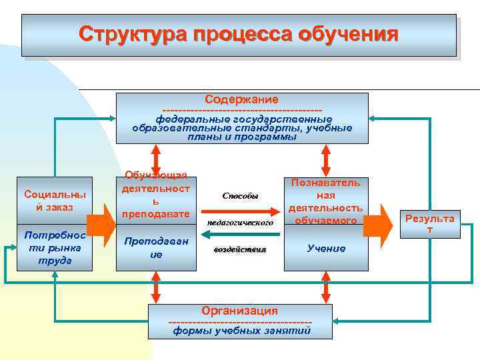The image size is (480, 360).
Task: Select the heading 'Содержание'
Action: pyautogui.click(x=241, y=99)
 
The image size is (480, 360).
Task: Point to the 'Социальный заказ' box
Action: pyautogui.click(x=55, y=201)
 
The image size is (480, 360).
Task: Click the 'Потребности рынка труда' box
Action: pyautogui.click(x=55, y=247)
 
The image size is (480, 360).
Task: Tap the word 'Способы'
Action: pyautogui.click(x=240, y=196)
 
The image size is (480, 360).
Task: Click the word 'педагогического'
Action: pyautogui.click(x=240, y=222)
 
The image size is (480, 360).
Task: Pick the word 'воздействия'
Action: pyautogui.click(x=240, y=249)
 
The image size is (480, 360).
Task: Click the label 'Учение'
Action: pyautogui.click(x=326, y=248)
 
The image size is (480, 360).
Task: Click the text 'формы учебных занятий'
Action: pyautogui.click(x=241, y=330)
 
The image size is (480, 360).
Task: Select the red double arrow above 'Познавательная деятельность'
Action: pyautogui.click(x=326, y=160)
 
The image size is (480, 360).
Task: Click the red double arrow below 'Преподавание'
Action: pyautogui.click(x=156, y=288)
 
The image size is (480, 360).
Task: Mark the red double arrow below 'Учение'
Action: pyautogui.click(x=326, y=288)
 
